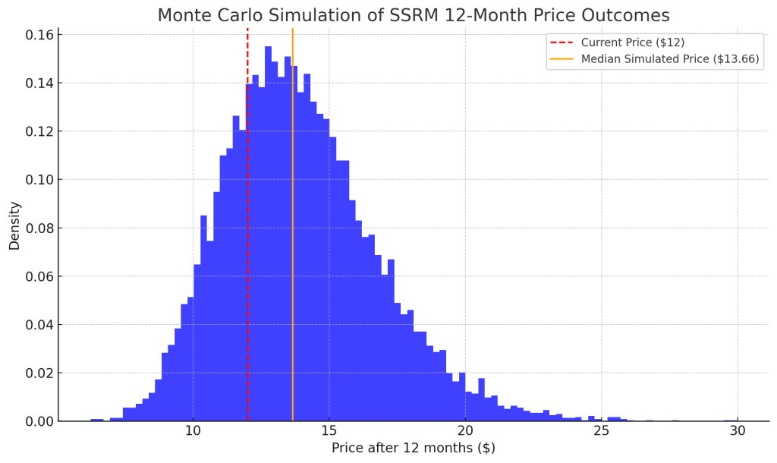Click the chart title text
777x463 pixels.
[414, 15]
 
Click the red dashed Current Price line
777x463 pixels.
[247, 228]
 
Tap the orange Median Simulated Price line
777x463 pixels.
[292, 228]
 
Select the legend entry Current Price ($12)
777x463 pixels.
[632, 43]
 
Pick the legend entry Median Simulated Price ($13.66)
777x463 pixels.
[669, 59]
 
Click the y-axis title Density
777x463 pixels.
[14, 225]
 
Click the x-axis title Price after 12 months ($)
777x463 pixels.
[413, 449]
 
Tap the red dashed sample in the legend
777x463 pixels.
[563, 43]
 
